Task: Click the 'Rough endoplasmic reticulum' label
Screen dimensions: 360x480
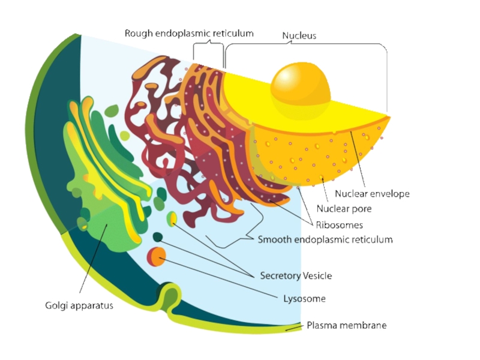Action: click(x=189, y=34)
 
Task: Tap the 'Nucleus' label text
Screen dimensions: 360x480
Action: click(x=299, y=35)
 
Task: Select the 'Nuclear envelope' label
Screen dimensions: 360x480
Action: click(x=372, y=194)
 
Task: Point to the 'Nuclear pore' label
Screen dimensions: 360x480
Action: click(x=344, y=209)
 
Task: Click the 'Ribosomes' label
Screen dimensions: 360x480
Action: click(x=339, y=225)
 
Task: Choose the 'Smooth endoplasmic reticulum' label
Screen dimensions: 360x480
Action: click(x=325, y=239)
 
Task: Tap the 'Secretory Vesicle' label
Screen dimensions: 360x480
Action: click(x=295, y=276)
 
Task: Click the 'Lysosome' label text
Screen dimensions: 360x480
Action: click(x=304, y=298)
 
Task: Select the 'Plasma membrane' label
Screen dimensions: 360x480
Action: click(x=346, y=325)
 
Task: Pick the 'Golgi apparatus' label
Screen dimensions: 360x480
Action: click(x=79, y=305)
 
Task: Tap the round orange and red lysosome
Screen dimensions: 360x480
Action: click(x=157, y=256)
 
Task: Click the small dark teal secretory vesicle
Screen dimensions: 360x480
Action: click(x=157, y=237)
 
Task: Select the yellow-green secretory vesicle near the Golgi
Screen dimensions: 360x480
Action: click(x=172, y=218)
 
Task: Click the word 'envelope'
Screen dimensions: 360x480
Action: click(x=390, y=194)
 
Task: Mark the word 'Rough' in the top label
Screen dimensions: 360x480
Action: click(x=139, y=34)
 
